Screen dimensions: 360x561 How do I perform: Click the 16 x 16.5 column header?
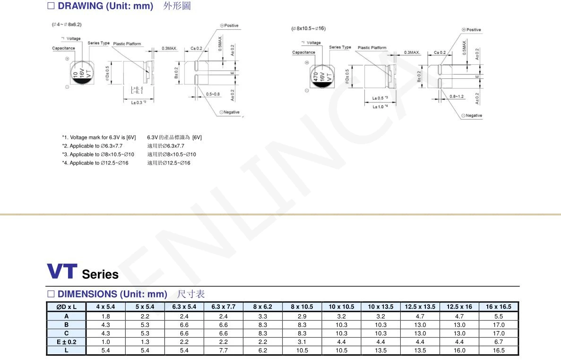point(499,307)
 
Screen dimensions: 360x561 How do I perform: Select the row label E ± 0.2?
point(66,342)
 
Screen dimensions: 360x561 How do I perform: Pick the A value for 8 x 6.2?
point(263,317)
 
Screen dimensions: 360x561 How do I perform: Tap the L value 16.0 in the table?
point(459,351)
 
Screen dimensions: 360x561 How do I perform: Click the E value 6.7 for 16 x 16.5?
point(499,342)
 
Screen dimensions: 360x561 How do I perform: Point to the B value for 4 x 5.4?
point(105,325)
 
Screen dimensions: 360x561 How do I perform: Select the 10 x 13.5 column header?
point(380,307)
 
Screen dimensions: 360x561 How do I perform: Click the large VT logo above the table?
point(61,271)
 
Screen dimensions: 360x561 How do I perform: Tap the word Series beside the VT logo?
point(100,274)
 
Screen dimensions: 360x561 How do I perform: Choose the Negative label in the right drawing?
point(472,116)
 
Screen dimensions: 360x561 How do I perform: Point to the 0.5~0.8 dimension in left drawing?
point(213,94)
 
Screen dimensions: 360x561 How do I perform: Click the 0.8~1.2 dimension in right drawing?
point(457,96)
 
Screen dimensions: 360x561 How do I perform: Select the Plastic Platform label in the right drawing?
point(372,48)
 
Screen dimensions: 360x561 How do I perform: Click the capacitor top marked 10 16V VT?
point(81,72)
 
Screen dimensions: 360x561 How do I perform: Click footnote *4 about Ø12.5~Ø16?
point(95,163)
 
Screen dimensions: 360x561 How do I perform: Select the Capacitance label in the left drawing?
point(63,48)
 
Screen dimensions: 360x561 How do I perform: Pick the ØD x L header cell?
point(66,307)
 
